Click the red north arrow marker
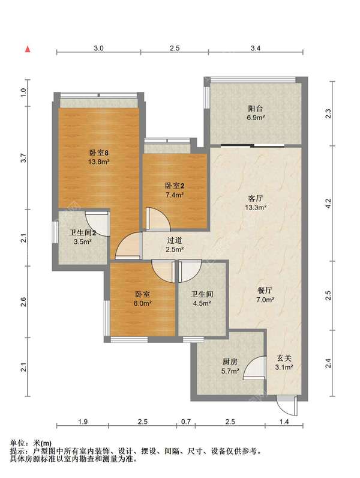point(28,49)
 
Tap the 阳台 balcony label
point(255,108)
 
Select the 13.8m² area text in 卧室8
point(98,162)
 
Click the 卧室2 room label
point(175,186)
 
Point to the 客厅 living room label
point(256,198)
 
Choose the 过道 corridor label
point(174,240)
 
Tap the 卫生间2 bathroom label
point(83,233)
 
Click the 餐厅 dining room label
point(265,290)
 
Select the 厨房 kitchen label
point(230,362)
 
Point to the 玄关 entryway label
point(284,358)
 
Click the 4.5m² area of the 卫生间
point(202,303)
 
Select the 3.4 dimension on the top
point(256,48)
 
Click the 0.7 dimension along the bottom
point(186,422)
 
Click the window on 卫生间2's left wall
point(55,232)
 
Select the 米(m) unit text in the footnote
point(42,443)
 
